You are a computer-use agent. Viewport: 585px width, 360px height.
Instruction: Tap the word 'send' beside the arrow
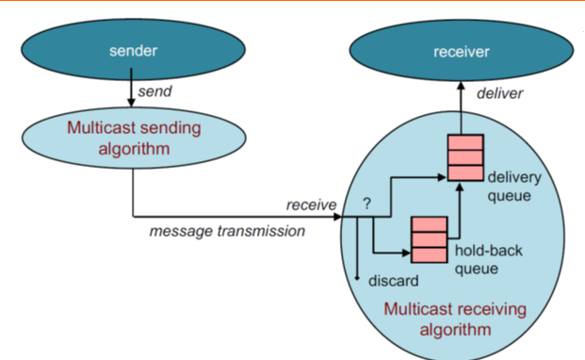154,91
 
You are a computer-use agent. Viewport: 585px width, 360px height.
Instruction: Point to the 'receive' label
312,204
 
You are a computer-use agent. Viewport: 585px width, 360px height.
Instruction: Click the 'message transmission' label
227,231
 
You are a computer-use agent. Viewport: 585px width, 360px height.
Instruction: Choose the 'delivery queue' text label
512,184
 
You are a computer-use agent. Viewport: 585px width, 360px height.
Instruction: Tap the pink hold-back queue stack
429,238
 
